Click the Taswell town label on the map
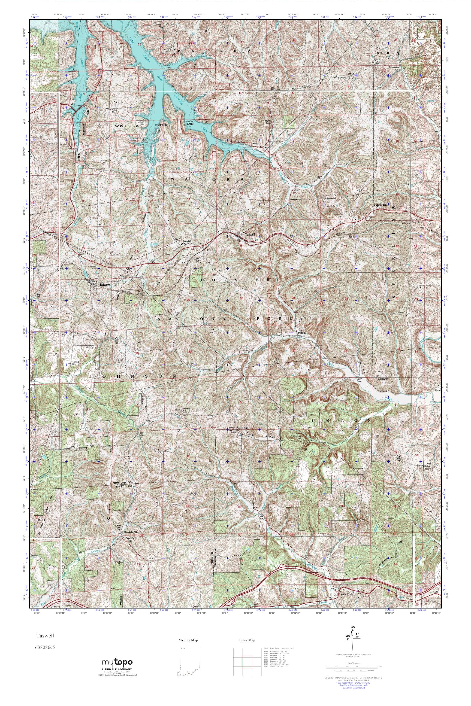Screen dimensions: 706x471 250,235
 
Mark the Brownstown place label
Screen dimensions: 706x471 395,67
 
